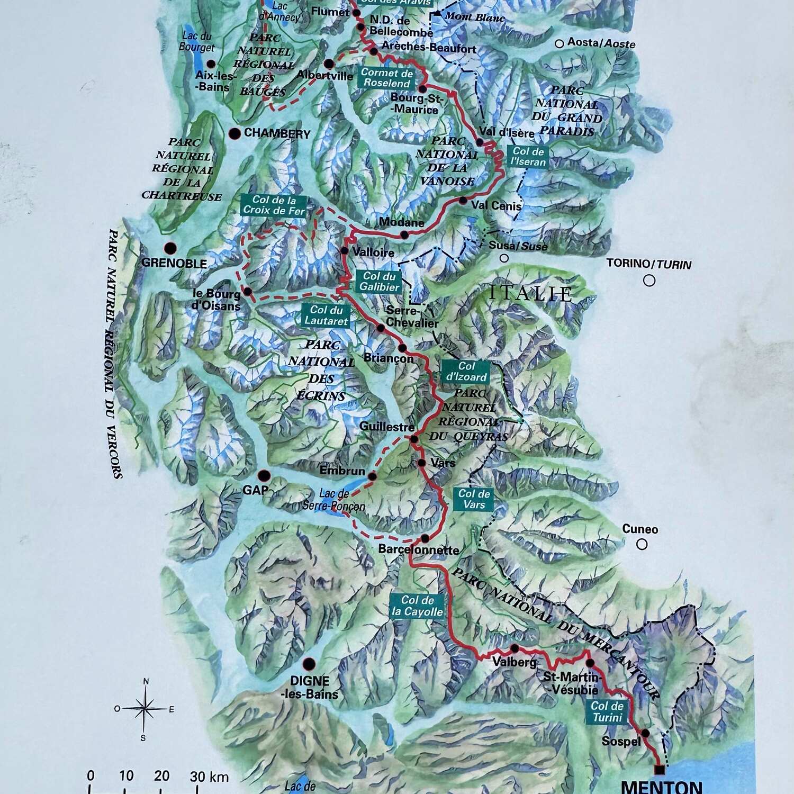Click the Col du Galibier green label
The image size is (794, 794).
pos(379,282)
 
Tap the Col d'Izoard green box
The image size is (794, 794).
pos(466,372)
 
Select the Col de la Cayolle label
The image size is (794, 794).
pos(417,606)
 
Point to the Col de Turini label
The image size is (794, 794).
pos(607,711)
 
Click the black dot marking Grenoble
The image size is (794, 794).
pos(170,248)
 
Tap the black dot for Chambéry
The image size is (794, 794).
pos(234,133)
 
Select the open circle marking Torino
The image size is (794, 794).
pos(649,281)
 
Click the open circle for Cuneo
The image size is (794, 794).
pos(642,544)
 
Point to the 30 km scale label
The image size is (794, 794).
pos(209,776)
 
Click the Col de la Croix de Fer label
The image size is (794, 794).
pos(274,205)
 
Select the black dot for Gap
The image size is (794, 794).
pos(263,475)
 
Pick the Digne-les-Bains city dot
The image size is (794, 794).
pos(309,664)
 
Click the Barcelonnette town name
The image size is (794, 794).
pos(418,550)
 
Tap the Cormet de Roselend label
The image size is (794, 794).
pos(387,78)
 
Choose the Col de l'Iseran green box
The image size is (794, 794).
pos(528,157)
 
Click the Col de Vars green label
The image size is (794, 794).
pos(474,499)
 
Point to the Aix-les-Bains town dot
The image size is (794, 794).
pos(211,64)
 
